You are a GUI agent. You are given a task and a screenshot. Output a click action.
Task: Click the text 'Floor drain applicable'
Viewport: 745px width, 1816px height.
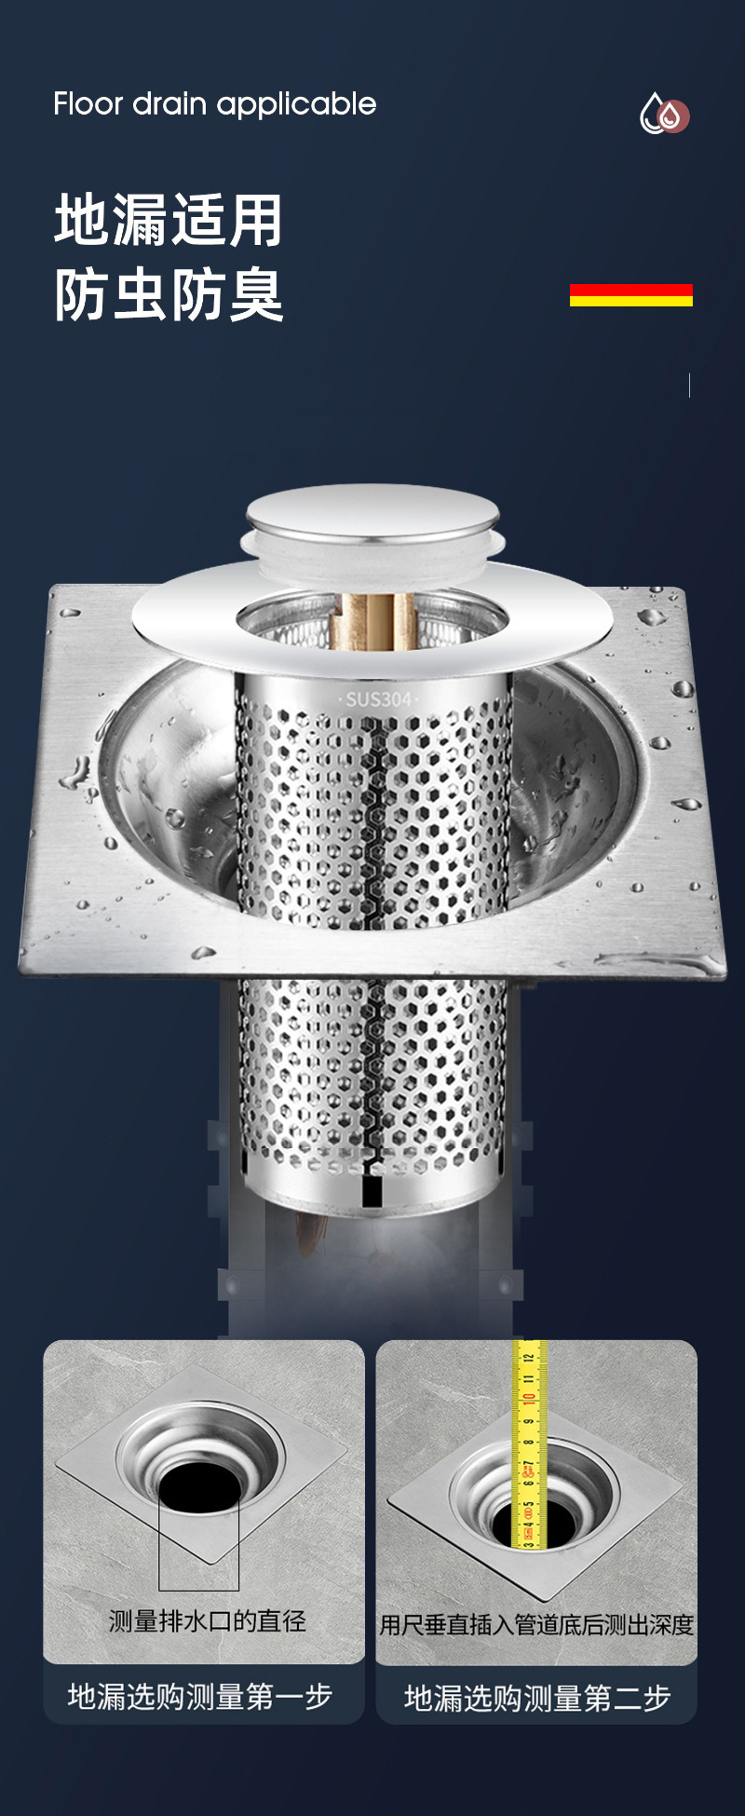pyautogui.click(x=215, y=104)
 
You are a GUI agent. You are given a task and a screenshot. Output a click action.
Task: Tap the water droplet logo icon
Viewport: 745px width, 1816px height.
pyautogui.click(x=664, y=115)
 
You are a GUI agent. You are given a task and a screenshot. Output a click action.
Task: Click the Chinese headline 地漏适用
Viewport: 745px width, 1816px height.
pyautogui.click(x=169, y=221)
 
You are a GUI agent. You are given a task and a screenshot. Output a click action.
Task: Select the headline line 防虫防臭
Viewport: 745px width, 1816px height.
pyautogui.click(x=169, y=295)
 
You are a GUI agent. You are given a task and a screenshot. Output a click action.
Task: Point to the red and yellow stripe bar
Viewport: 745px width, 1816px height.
pyautogui.click(x=631, y=295)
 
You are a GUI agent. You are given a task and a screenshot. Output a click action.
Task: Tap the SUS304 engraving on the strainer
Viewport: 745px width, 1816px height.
pyautogui.click(x=378, y=698)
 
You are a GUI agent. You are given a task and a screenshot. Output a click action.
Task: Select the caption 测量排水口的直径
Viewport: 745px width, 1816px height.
pyautogui.click(x=207, y=1621)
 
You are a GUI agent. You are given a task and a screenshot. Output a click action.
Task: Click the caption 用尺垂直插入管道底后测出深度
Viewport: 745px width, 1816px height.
pyautogui.click(x=536, y=1625)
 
